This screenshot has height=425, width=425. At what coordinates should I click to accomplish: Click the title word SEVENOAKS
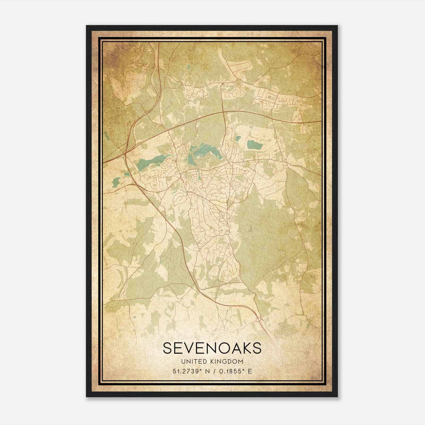212,348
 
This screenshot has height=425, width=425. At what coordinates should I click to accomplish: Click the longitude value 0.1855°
231,371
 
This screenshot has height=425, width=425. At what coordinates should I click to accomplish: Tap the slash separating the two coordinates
214,371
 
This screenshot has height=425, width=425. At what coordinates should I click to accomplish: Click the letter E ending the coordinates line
249,371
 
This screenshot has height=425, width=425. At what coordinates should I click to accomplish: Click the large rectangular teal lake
255,145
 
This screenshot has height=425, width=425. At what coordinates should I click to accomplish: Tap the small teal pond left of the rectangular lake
238,138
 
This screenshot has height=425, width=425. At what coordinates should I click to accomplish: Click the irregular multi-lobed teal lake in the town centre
203,154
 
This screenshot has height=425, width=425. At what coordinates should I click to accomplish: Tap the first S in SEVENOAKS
168,348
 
